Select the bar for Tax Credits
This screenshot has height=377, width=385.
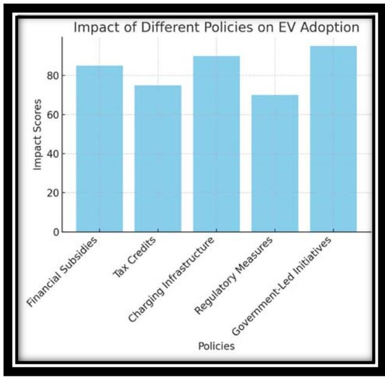click(158, 158)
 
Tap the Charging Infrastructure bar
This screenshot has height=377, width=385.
click(216, 143)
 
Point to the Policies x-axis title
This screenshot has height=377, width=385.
click(216, 345)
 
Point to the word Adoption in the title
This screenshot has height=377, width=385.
click(332, 27)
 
